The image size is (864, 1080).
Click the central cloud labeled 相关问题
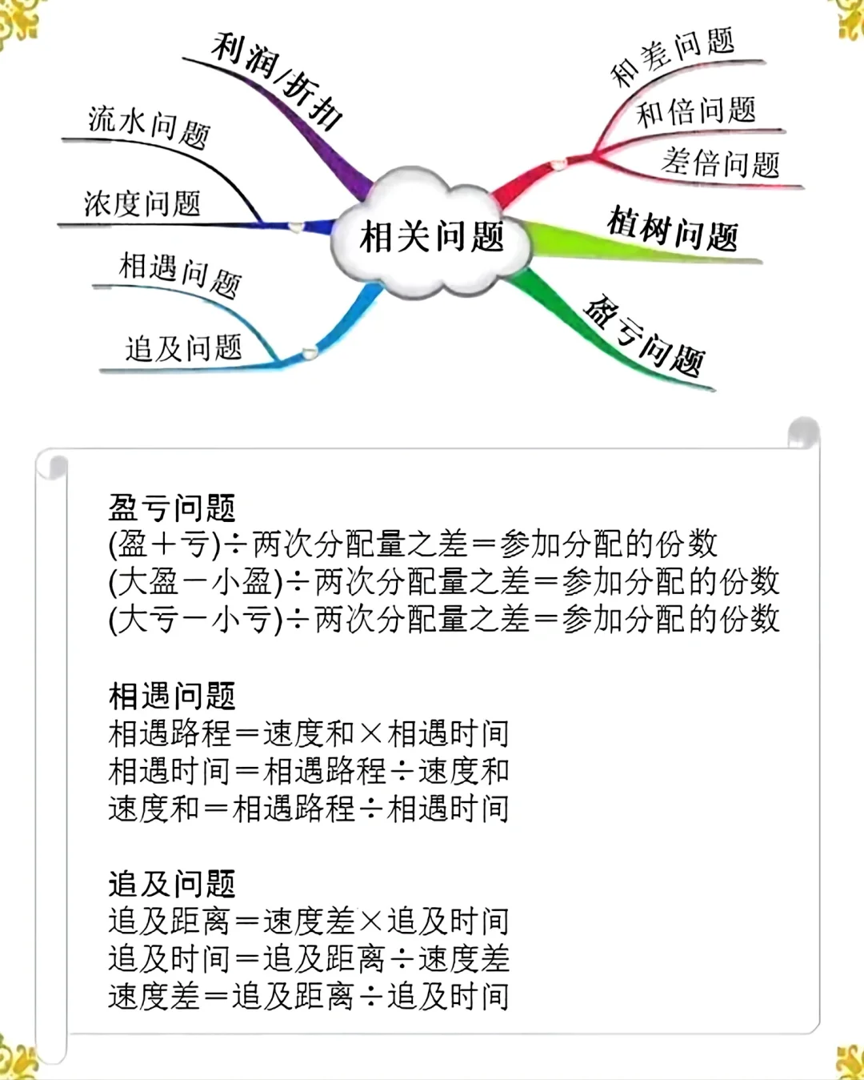pyautogui.click(x=432, y=236)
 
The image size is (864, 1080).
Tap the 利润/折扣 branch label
pyautogui.click(x=277, y=80)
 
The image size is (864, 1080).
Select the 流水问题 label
pyautogui.click(x=149, y=126)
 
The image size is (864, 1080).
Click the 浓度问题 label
pyautogui.click(x=142, y=203)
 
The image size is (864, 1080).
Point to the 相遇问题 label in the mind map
pyautogui.click(x=180, y=273)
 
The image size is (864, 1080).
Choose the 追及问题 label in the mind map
pyautogui.click(x=183, y=348)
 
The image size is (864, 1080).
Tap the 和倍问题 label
pyautogui.click(x=696, y=110)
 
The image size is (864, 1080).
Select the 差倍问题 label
pyautogui.click(x=720, y=163)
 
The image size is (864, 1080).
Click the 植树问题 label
pyautogui.click(x=673, y=229)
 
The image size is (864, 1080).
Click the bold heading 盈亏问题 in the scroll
pyautogui.click(x=172, y=508)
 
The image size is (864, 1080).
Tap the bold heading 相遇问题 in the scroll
pyautogui.click(x=172, y=696)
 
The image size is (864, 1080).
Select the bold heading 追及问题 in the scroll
pyautogui.click(x=172, y=884)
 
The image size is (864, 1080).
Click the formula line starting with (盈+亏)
pyautogui.click(x=413, y=544)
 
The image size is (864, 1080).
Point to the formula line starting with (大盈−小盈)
pyautogui.click(x=444, y=582)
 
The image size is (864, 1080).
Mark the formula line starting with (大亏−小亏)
pyautogui.click(x=444, y=619)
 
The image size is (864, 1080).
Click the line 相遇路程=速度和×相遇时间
pyautogui.click(x=309, y=733)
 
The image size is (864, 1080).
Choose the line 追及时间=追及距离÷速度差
pyautogui.click(x=309, y=958)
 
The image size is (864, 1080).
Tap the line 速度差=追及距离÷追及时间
pyautogui.click(x=309, y=996)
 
